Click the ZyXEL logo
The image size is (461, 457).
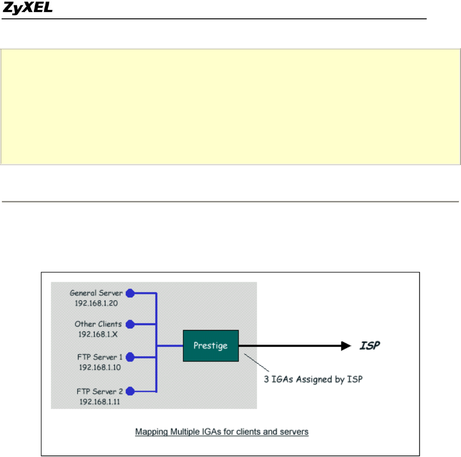28,8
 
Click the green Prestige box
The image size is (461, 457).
211,346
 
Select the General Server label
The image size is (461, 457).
96,293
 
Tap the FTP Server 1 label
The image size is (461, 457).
99,357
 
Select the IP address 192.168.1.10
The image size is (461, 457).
96,366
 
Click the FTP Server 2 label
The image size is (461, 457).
99,391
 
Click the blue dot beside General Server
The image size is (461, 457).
130,293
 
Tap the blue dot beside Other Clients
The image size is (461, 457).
130,324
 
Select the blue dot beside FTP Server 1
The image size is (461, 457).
130,357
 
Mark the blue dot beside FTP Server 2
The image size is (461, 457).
130,391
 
